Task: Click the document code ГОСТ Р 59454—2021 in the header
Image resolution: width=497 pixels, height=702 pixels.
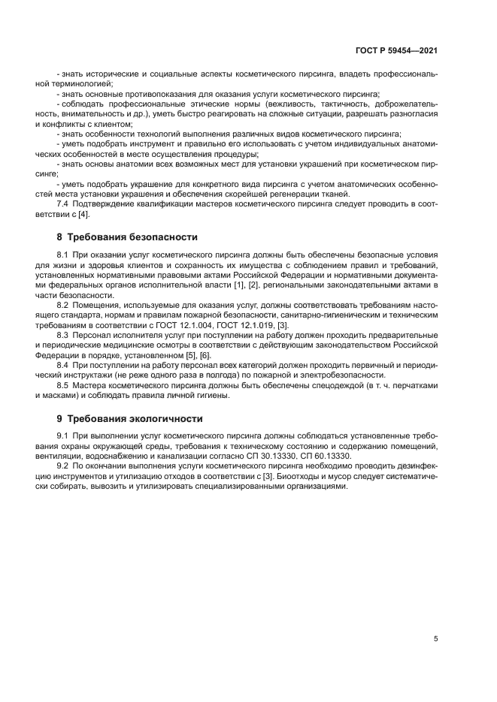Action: [396, 51]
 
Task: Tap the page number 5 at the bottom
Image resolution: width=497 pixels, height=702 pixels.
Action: [435, 639]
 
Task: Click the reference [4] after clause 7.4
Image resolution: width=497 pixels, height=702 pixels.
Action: [83, 214]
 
